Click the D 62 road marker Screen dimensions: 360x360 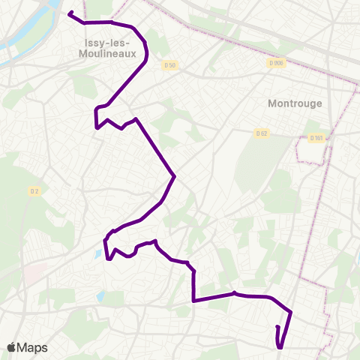click(x=261, y=133)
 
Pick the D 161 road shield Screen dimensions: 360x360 click(x=317, y=138)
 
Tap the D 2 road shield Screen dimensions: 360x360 click(x=34, y=190)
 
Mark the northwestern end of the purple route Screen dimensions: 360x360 click(x=70, y=13)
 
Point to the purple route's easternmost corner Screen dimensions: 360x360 click(x=290, y=313)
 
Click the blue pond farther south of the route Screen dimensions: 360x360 click(x=100, y=295)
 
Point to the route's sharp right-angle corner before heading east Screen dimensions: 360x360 click(x=194, y=300)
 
